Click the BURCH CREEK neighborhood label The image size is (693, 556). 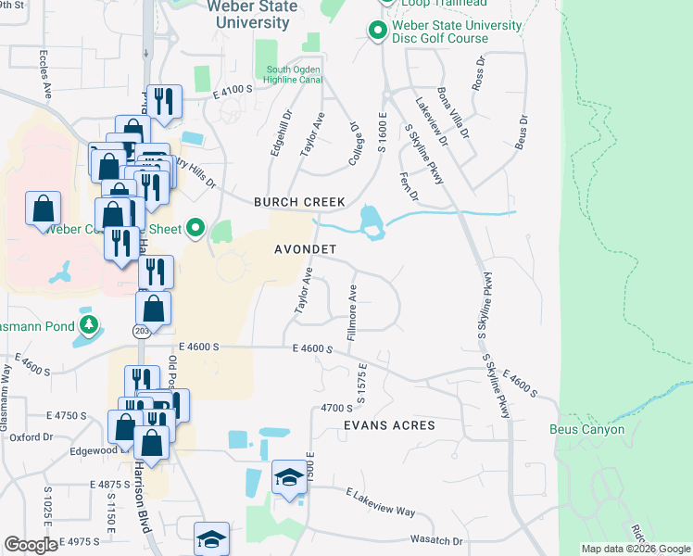(x=300, y=202)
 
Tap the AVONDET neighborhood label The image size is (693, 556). (x=305, y=250)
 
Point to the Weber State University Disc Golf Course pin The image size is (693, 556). (x=377, y=32)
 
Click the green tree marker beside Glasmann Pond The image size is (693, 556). (x=88, y=325)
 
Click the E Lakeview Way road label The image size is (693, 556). (x=380, y=503)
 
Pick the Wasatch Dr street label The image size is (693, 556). (x=431, y=540)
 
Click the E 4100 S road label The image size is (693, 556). (x=233, y=91)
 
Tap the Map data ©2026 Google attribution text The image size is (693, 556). (x=636, y=549)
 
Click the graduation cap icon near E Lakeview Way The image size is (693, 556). (x=289, y=478)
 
